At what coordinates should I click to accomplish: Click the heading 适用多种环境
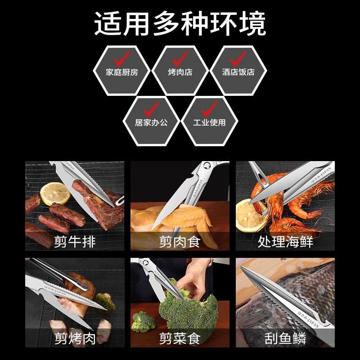click(180, 23)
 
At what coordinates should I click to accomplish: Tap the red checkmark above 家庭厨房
click(122, 58)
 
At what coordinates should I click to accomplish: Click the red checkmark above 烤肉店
click(180, 58)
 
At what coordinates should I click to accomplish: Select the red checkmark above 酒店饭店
click(238, 58)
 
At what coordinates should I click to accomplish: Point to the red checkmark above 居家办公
click(151, 109)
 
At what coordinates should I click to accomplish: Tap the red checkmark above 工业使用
click(209, 109)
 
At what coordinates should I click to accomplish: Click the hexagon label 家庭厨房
click(122, 72)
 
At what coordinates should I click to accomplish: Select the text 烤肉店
click(180, 72)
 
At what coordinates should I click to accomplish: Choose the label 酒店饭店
click(238, 72)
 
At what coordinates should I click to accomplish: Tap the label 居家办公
click(151, 122)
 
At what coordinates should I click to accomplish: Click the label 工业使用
click(209, 122)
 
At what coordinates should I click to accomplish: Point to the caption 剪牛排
click(75, 242)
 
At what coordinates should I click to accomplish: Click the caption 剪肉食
click(180, 242)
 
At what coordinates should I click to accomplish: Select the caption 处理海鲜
click(285, 242)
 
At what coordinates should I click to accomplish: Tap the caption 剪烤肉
click(75, 338)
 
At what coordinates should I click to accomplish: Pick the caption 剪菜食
click(180, 338)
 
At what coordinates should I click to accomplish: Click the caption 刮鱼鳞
click(285, 338)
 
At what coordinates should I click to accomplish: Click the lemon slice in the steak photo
click(55, 192)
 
